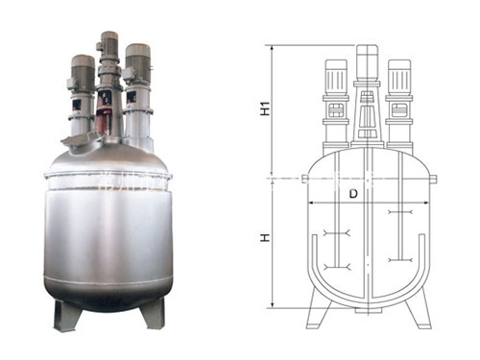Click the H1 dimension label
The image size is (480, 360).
[x=265, y=108]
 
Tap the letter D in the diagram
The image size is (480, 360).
[x=353, y=194]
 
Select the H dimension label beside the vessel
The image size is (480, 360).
[x=265, y=237]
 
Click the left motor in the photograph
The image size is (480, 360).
[x=83, y=72]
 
